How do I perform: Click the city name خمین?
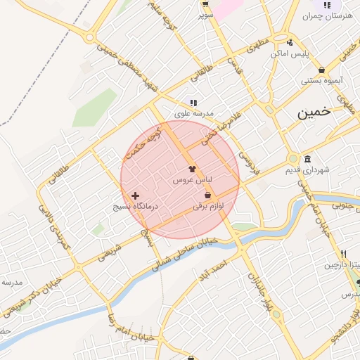tap(313, 112)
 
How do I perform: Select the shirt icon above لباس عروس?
tap(192, 169)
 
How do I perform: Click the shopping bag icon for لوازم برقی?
tap(208, 195)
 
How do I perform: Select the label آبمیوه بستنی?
tap(322, 81)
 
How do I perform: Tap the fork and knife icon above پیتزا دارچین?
tap(343, 255)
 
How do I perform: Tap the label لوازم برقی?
tap(210, 207)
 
